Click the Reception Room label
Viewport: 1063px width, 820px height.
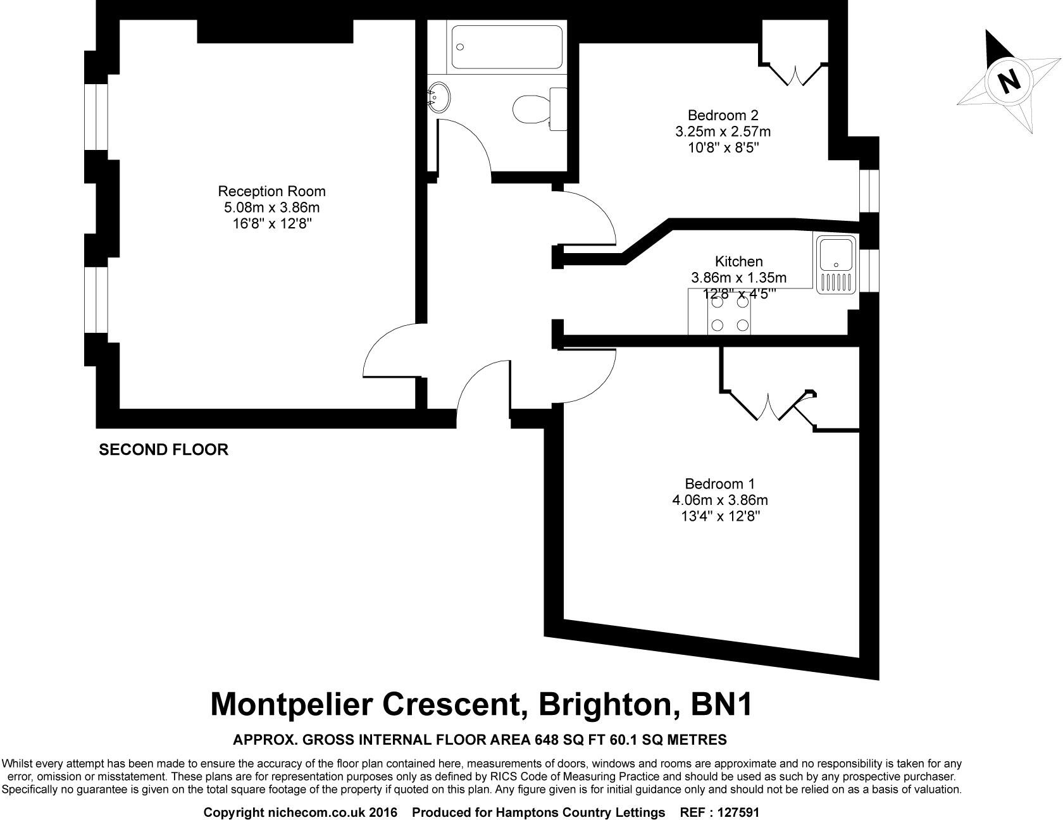(271, 191)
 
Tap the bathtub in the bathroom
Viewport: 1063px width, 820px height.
(506, 47)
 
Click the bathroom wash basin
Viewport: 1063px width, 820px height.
(438, 97)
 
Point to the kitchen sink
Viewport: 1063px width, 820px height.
(836, 264)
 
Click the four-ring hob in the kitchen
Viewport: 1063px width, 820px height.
(730, 314)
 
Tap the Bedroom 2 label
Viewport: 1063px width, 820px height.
(723, 115)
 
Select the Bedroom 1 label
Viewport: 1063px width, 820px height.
(719, 484)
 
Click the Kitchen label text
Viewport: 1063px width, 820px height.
(738, 261)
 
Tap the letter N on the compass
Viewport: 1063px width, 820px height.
(1009, 81)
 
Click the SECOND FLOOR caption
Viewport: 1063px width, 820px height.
(163, 450)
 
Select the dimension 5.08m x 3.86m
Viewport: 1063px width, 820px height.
(271, 208)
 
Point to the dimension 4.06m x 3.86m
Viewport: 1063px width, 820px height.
(719, 500)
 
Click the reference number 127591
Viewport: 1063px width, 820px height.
(737, 812)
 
